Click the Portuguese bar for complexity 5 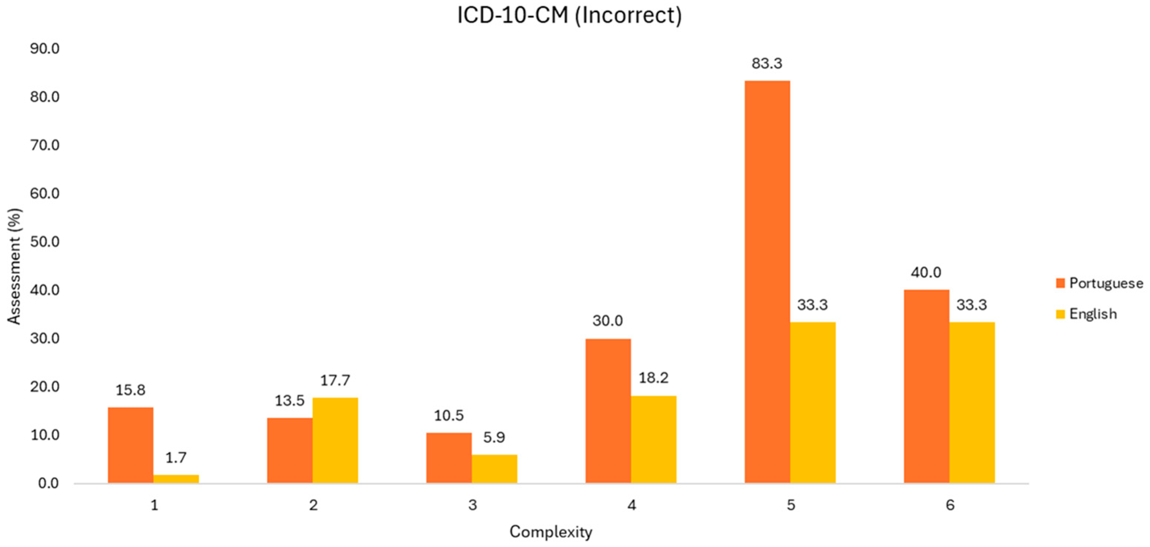click(767, 281)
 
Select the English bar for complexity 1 click(176, 479)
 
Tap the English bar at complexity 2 click(335, 440)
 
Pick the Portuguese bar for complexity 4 click(608, 411)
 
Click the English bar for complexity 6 click(971, 402)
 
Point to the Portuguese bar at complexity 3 click(449, 458)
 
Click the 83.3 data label click(767, 63)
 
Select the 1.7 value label click(176, 458)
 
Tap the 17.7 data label click(335, 381)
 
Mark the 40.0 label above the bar click(926, 272)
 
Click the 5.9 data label click(494, 437)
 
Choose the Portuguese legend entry click(1098, 283)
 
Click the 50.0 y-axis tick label click(45, 242)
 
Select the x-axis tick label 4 click(631, 505)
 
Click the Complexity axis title click(551, 532)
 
